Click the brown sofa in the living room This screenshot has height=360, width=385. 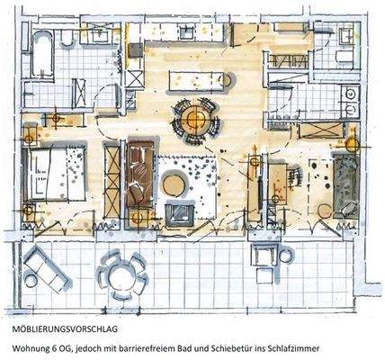click(139, 179)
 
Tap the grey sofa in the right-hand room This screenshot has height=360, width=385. click(345, 184)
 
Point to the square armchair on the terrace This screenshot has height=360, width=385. click(266, 257)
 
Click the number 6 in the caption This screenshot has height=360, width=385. click(61, 346)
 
